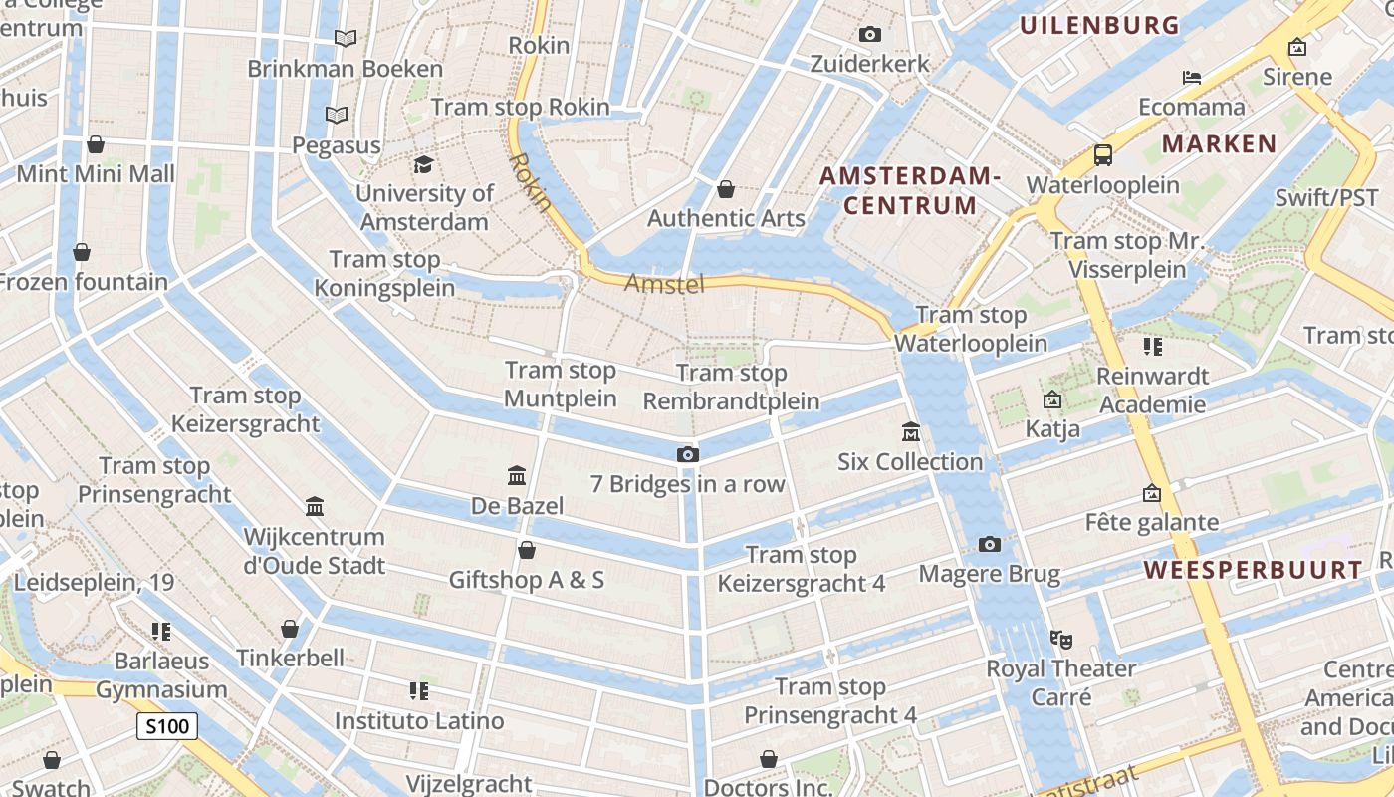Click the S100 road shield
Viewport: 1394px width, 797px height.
click(x=167, y=726)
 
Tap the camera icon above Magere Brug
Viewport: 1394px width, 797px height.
click(x=989, y=544)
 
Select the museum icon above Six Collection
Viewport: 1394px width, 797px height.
click(x=910, y=432)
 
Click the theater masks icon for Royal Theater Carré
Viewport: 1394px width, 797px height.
click(x=1060, y=638)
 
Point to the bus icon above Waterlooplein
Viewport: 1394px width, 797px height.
click(x=1102, y=155)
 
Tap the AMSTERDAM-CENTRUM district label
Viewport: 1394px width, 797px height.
click(x=909, y=191)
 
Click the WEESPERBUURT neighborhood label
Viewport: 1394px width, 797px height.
click(x=1253, y=570)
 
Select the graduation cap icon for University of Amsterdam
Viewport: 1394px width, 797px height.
click(x=424, y=164)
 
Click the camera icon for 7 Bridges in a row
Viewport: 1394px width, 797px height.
click(x=687, y=455)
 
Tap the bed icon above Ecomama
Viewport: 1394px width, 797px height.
click(x=1191, y=78)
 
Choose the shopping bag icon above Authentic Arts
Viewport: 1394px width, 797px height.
click(x=726, y=189)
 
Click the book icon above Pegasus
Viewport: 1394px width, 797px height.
click(x=337, y=116)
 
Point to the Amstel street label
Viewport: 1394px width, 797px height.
click(x=664, y=285)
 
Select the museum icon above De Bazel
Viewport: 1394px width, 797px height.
click(x=517, y=476)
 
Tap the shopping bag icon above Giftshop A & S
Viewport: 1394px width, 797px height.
click(x=527, y=550)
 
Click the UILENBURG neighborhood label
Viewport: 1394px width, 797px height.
click(x=1099, y=26)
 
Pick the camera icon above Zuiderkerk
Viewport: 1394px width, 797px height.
click(x=869, y=35)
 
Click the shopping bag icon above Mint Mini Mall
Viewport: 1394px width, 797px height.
click(x=96, y=144)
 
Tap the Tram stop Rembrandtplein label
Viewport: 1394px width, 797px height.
click(x=731, y=388)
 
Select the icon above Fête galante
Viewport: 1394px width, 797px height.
click(x=1151, y=493)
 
